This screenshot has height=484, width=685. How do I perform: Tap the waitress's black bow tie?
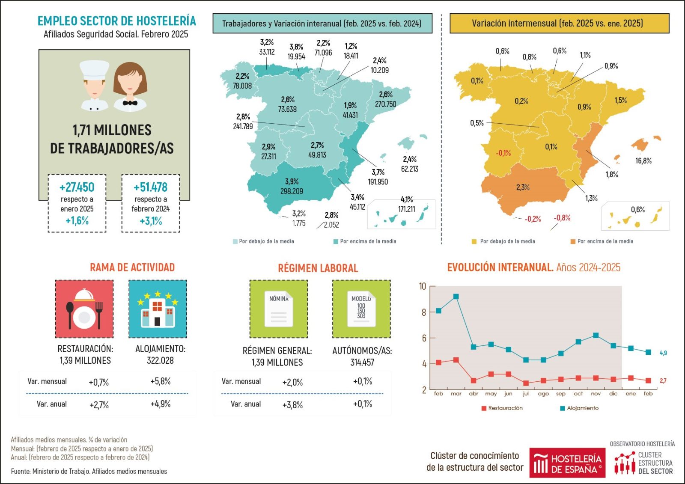tap(130, 103)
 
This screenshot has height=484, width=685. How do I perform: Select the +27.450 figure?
tap(77, 187)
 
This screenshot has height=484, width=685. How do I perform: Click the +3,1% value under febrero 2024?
tap(151, 221)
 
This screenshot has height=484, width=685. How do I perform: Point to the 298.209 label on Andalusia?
tap(292, 191)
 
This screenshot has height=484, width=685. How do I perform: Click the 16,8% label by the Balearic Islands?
tap(643, 161)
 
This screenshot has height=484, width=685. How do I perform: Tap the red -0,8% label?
tap(562, 218)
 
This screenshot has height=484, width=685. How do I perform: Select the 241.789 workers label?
tap(243, 127)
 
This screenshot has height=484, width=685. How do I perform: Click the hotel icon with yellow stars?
tap(158, 309)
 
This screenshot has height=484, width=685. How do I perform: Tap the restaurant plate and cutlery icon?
tap(84, 309)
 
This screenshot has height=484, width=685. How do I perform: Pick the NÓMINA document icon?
tap(279, 309)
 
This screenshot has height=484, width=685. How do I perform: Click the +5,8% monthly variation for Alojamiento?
tap(161, 381)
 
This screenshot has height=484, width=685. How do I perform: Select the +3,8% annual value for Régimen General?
tap(292, 405)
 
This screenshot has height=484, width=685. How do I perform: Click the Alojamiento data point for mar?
tap(456, 297)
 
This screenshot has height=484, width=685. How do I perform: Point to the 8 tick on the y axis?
tap(424, 312)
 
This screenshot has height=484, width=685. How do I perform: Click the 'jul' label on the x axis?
tap(526, 394)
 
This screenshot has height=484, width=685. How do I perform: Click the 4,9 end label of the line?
tap(663, 353)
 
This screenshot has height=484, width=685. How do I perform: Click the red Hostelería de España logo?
tap(567, 463)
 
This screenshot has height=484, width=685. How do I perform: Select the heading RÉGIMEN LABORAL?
tap(318, 268)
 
